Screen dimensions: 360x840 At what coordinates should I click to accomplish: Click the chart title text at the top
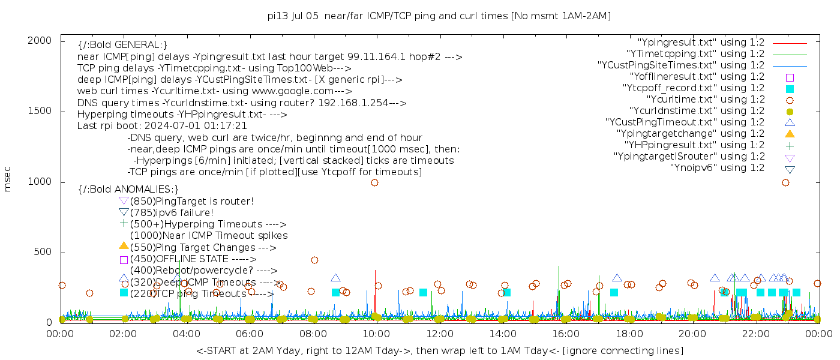pyautogui.click(x=439, y=16)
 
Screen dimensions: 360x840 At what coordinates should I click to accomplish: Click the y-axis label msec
pyautogui.click(x=8, y=180)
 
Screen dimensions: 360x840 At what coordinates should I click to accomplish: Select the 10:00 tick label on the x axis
pyautogui.click(x=376, y=334)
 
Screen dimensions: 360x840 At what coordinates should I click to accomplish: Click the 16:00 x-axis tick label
pyautogui.click(x=565, y=334)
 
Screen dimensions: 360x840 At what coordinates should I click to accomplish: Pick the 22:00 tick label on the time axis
pyautogui.click(x=755, y=334)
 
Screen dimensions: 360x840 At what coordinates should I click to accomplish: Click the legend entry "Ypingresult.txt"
pyautogui.click(x=701, y=43)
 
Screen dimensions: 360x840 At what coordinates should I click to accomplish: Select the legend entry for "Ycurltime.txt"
pyautogui.click(x=705, y=100)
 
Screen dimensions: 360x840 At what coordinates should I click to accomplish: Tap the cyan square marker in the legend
pyautogui.click(x=790, y=89)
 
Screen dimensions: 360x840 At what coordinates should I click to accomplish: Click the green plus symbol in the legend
pyautogui.click(x=790, y=146)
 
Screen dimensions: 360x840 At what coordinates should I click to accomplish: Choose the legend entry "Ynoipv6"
pyautogui.click(x=717, y=168)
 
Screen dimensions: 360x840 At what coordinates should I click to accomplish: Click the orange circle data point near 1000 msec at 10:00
pyautogui.click(x=374, y=183)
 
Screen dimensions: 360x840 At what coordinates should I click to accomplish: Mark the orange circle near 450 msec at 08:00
pyautogui.click(x=314, y=260)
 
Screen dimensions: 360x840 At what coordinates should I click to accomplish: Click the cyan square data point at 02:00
pyautogui.click(x=124, y=293)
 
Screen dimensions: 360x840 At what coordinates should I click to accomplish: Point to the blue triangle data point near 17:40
pyautogui.click(x=617, y=278)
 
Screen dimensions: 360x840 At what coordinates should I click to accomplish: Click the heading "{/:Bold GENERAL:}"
pyautogui.click(x=122, y=45)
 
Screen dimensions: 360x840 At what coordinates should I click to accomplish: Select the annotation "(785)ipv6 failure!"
pyautogui.click(x=172, y=213)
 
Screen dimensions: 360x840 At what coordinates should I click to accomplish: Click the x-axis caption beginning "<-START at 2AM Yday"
pyautogui.click(x=439, y=350)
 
